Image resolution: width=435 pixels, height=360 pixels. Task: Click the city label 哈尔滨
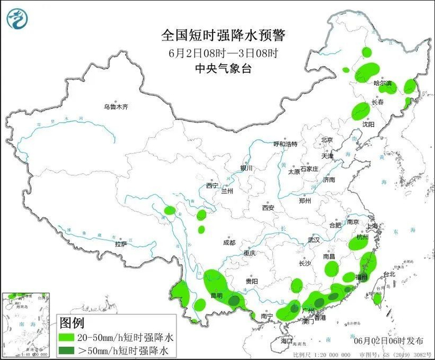coord(382,83)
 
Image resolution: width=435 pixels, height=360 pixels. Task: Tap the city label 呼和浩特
coord(285,144)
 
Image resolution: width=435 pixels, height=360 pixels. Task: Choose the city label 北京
coord(327,140)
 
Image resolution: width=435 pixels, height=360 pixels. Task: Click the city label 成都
coord(228,243)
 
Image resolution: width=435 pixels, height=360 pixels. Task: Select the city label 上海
coord(373,227)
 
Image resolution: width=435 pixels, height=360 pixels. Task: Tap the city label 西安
coord(268,208)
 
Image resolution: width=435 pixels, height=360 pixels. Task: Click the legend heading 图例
coord(71,323)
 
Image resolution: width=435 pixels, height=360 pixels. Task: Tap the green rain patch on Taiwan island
coord(377,299)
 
